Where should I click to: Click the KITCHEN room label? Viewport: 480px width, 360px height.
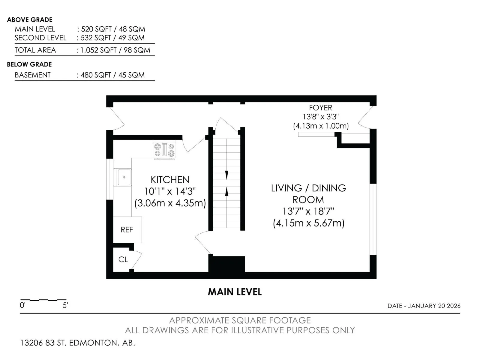(x=170, y=180)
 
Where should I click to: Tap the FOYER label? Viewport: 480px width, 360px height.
(x=320, y=108)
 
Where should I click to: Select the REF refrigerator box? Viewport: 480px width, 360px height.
(x=127, y=229)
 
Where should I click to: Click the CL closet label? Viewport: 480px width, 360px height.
(x=123, y=259)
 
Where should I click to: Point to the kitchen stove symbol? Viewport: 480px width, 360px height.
(x=164, y=150)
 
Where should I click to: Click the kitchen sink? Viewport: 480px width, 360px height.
(x=122, y=177)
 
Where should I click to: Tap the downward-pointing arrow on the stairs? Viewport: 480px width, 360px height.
(x=226, y=175)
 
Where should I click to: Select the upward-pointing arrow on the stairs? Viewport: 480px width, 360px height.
(x=226, y=191)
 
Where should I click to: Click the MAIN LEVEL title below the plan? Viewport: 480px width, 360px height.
(x=235, y=292)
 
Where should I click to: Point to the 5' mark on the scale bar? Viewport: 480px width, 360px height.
(x=65, y=305)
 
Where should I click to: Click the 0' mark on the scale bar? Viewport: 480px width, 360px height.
(x=22, y=305)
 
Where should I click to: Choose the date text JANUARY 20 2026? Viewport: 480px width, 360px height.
(x=434, y=306)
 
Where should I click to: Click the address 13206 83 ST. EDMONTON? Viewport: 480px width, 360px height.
(x=70, y=343)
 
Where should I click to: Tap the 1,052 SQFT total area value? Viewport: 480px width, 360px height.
(x=98, y=50)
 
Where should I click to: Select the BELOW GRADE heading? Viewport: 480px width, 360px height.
(x=29, y=64)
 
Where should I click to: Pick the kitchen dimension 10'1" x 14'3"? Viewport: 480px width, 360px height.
(x=170, y=191)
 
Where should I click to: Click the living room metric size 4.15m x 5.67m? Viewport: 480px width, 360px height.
(x=309, y=223)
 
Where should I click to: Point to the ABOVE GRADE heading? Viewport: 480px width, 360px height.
(x=30, y=20)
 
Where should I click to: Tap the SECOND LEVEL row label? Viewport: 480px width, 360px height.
(x=40, y=38)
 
